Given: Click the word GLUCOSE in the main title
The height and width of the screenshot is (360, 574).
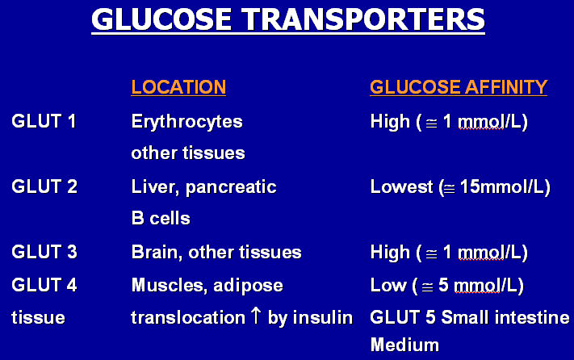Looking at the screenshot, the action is point(161,19).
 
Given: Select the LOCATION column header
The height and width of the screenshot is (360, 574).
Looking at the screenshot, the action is point(178,87).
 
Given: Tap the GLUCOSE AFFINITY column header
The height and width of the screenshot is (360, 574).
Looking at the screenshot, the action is point(459,87).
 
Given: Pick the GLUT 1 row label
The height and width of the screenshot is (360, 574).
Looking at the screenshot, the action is point(44,121).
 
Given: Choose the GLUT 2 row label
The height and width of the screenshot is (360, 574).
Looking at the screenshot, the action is point(44,186).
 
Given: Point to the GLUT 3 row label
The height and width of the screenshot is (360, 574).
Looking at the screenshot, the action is point(44,252).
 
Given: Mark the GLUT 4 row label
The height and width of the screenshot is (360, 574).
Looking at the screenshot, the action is point(44,285).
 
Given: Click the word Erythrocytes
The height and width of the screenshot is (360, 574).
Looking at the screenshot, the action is point(187,122).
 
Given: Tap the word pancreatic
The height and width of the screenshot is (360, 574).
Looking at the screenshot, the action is point(231,188).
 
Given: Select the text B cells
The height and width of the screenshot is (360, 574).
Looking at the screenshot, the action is point(161,219).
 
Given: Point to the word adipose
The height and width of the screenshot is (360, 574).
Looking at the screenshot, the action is point(248,286).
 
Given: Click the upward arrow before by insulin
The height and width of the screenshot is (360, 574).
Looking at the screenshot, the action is point(256,316).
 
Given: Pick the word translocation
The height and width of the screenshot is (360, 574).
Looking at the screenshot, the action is point(188,317).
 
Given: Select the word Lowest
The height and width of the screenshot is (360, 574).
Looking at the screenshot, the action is point(401,186).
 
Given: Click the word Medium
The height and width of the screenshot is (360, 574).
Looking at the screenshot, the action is point(405,345).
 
